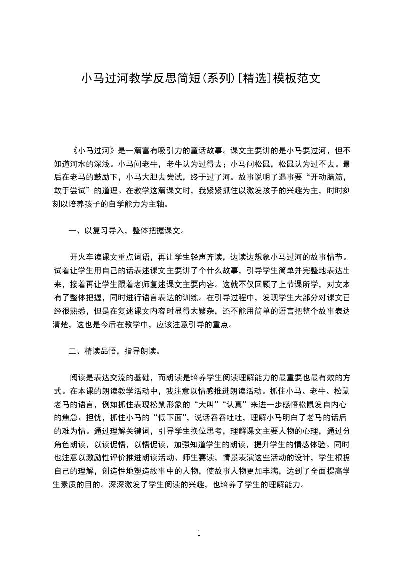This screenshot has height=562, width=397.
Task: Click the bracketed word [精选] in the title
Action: [x=254, y=79]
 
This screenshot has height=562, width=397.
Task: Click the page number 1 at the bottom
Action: [x=199, y=533]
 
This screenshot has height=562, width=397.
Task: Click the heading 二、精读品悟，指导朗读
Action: [x=114, y=351]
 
